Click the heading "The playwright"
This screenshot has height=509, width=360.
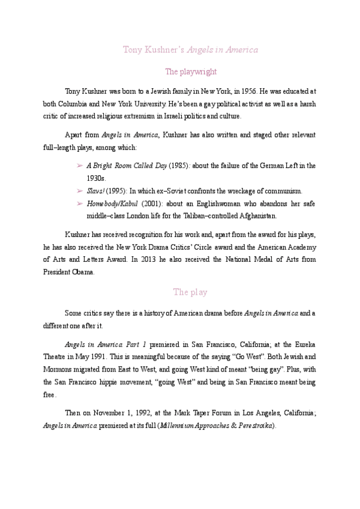[190, 71]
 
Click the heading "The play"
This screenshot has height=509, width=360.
[190, 292]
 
